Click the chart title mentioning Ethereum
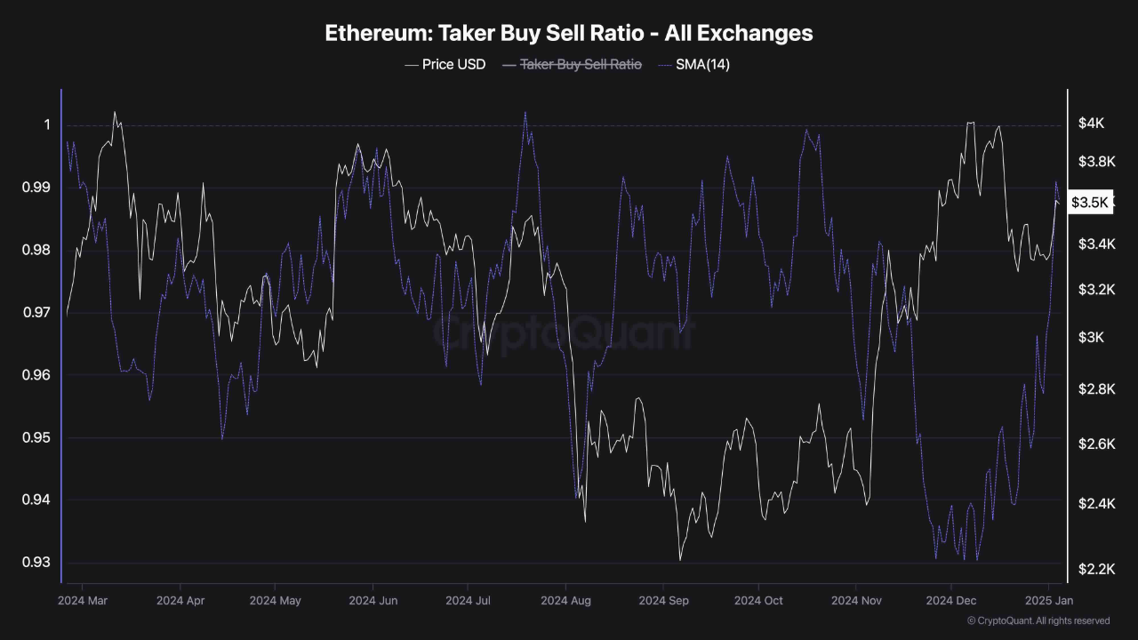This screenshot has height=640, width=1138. [568, 33]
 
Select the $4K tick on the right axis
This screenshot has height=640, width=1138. [1092, 124]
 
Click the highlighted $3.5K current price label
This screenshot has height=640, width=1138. [1090, 203]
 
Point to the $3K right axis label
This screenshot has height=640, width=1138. [1091, 338]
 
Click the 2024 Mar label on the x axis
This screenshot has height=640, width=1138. [82, 601]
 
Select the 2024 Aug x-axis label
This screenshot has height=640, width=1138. [565, 601]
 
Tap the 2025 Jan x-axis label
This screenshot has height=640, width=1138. [1048, 601]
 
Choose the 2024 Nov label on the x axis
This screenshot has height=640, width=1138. [856, 601]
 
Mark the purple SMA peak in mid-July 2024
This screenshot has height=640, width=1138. [525, 113]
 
